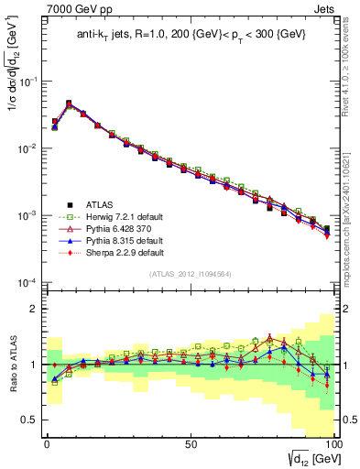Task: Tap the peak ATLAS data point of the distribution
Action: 69,104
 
